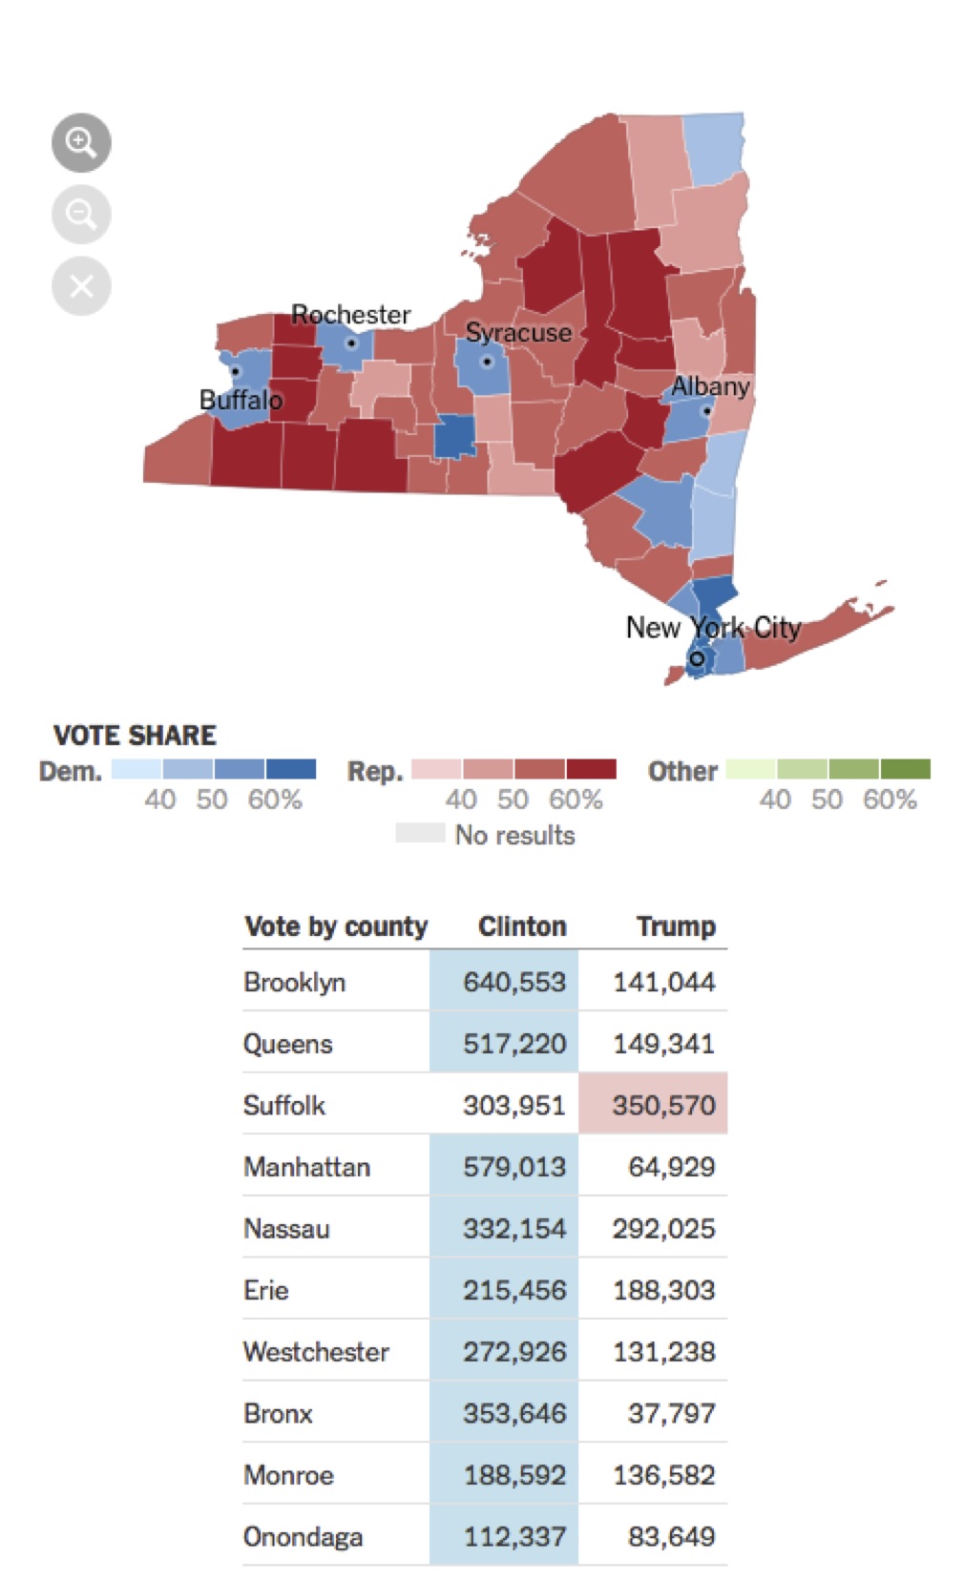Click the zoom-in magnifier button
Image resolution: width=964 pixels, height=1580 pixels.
point(81,143)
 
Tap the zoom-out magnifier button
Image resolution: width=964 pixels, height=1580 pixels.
point(81,215)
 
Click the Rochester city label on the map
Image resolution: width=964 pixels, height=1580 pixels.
point(350,315)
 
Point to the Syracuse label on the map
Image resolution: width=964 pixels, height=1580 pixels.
point(518,333)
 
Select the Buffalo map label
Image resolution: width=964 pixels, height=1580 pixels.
point(241,400)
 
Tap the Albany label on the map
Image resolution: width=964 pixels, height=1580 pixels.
point(710,386)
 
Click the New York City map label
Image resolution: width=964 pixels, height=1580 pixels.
point(713,628)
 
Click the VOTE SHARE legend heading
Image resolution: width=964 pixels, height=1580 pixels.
point(135,736)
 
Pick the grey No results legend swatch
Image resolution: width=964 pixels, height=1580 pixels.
point(420,833)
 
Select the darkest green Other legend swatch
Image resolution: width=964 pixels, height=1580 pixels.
point(905,769)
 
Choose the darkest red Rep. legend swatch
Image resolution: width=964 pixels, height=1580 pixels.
point(591,769)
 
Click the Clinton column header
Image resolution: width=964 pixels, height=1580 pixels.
point(522,926)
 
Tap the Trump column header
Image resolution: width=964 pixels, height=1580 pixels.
point(676,926)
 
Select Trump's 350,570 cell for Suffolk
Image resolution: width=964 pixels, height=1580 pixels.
point(663,1105)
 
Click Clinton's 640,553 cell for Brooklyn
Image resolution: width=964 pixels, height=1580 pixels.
point(513,982)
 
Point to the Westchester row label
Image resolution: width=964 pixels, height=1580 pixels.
point(316,1352)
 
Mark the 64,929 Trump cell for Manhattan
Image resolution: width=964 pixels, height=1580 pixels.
point(671,1167)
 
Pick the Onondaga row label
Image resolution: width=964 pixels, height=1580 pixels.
point(303,1537)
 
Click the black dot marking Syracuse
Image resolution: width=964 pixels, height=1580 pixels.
point(488,362)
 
